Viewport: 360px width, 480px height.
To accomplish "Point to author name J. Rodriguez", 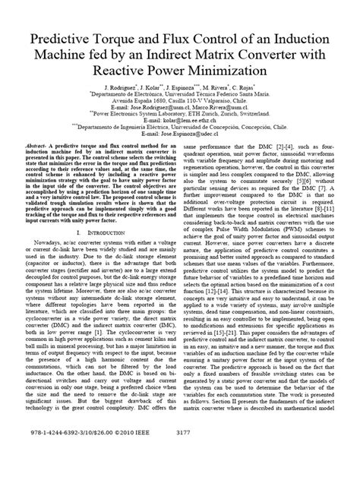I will pos(125,88).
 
